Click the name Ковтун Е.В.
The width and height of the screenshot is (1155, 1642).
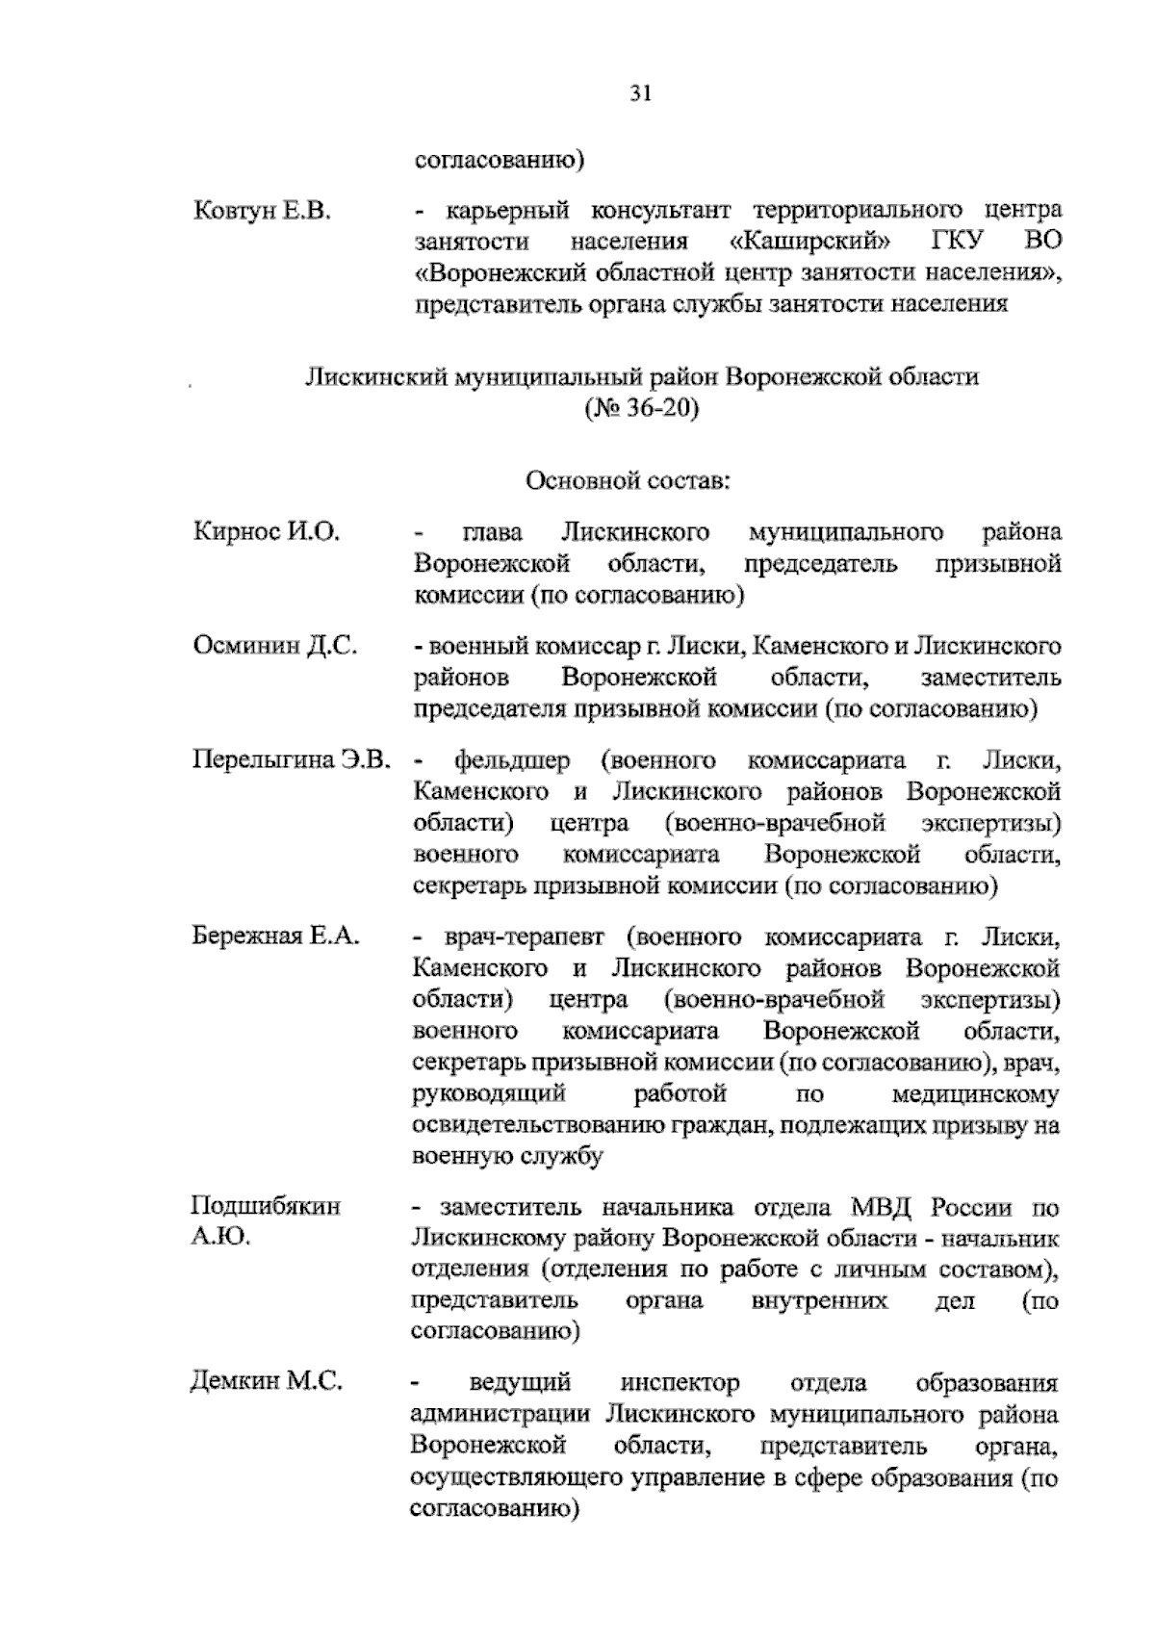[262, 211]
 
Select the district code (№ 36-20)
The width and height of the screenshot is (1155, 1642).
[641, 408]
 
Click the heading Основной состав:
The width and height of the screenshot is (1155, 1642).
[628, 479]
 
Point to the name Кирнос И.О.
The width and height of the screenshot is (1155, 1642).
[267, 532]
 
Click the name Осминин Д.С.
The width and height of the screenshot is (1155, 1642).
[274, 646]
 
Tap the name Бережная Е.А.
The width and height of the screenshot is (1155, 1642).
[276, 936]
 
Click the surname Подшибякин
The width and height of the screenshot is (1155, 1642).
[266, 1207]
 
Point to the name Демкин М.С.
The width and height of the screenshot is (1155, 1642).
[266, 1383]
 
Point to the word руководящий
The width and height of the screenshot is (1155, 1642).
[487, 1094]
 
